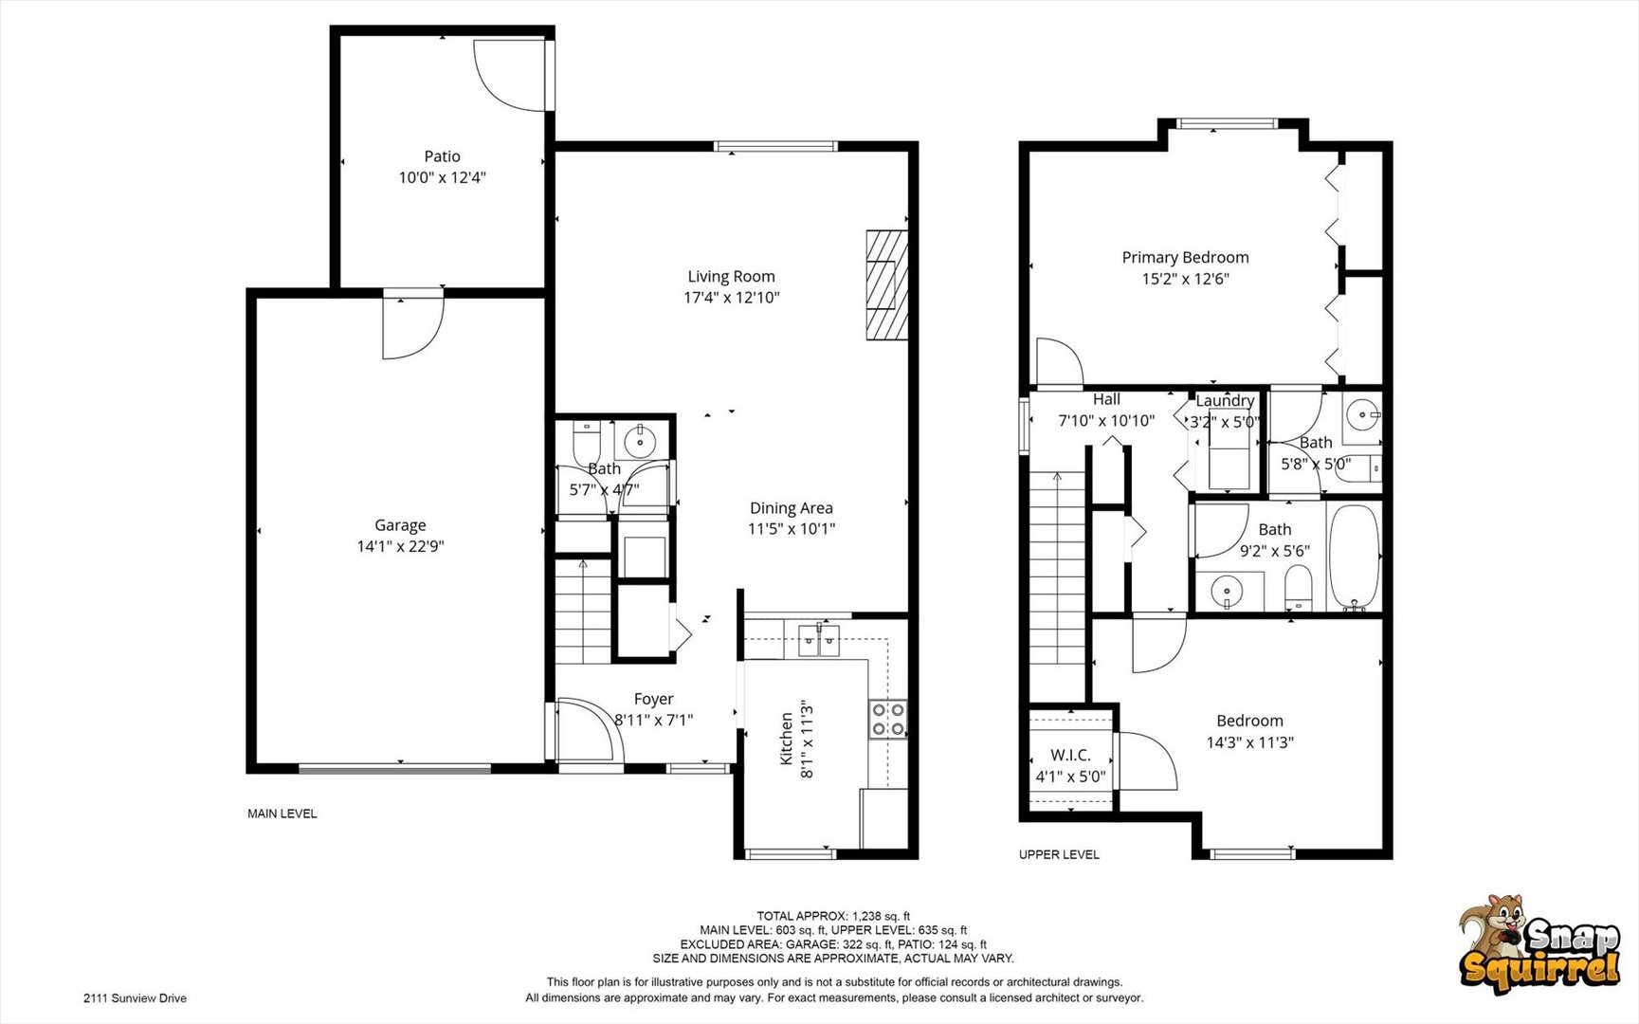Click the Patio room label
pyautogui.click(x=442, y=156)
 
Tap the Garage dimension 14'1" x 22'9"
pyautogui.click(x=400, y=546)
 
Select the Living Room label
pyautogui.click(x=731, y=276)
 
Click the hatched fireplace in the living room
pyautogui.click(x=886, y=284)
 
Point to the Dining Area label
pyautogui.click(x=791, y=508)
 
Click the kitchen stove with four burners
pyautogui.click(x=888, y=719)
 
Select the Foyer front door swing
pyautogui.click(x=588, y=730)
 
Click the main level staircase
pyautogui.click(x=582, y=612)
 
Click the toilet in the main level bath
pyautogui.click(x=587, y=441)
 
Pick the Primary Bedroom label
pyautogui.click(x=1185, y=257)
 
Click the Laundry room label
pyautogui.click(x=1225, y=401)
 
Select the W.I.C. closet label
pyautogui.click(x=1070, y=755)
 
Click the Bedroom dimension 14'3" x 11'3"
pyautogui.click(x=1249, y=742)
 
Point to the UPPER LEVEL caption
pyautogui.click(x=1059, y=854)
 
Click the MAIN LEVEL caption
pyautogui.click(x=282, y=814)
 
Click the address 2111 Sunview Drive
pyautogui.click(x=135, y=997)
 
